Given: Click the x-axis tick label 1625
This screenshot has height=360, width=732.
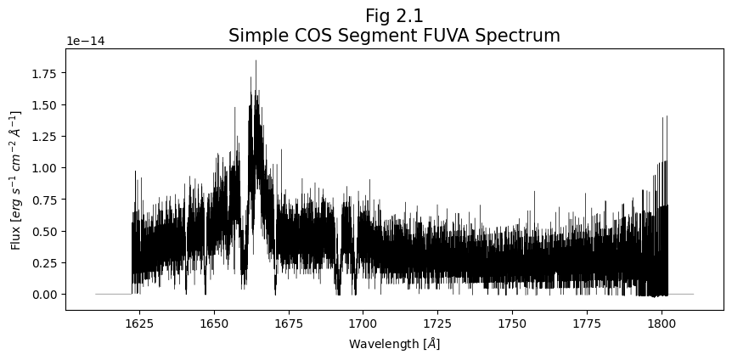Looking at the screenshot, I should (x=139, y=323).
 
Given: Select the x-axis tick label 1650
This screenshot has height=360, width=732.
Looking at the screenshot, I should (x=214, y=323).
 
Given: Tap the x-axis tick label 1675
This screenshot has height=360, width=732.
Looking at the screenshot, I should (x=289, y=323).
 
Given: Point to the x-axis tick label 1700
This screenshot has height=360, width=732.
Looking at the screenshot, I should (x=363, y=323).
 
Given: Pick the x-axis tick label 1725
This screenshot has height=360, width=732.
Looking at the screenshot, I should (x=437, y=323).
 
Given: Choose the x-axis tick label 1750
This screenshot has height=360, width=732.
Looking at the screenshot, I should (x=512, y=323).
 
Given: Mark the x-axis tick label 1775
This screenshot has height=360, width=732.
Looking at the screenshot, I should (x=587, y=323).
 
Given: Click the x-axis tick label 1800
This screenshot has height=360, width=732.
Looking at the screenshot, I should (x=661, y=323).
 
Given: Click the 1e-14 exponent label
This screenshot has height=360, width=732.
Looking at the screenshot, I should (x=85, y=41).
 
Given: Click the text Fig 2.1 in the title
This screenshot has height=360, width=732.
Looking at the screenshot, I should (x=394, y=16).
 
